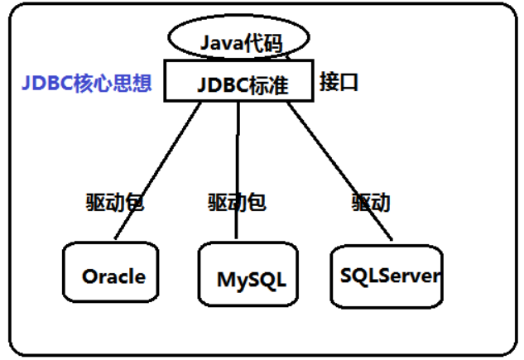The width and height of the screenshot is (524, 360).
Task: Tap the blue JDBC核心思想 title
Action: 87,84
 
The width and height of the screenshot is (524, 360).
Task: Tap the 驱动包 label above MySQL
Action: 238,201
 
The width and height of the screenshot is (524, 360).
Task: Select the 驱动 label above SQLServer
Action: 370,202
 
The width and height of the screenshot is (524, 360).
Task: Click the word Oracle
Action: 113,276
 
